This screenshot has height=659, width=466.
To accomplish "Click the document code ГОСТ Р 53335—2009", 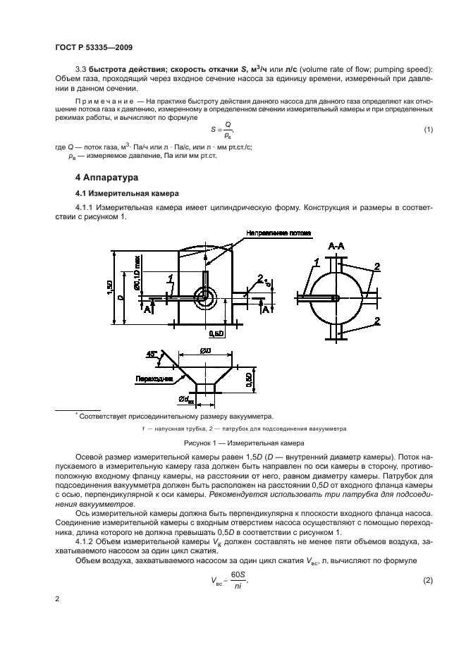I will pos(94,47).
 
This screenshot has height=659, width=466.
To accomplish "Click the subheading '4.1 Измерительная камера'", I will pos(122,192).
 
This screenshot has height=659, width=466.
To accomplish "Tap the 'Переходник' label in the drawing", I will pos(153,378).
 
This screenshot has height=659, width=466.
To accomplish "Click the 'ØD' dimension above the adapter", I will pos(205,350).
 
